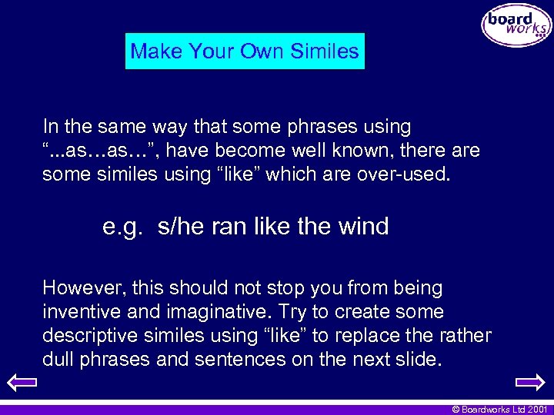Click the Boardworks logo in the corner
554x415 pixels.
coord(516,26)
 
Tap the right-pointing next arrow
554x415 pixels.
coord(529,382)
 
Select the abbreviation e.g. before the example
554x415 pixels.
coord(123,227)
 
